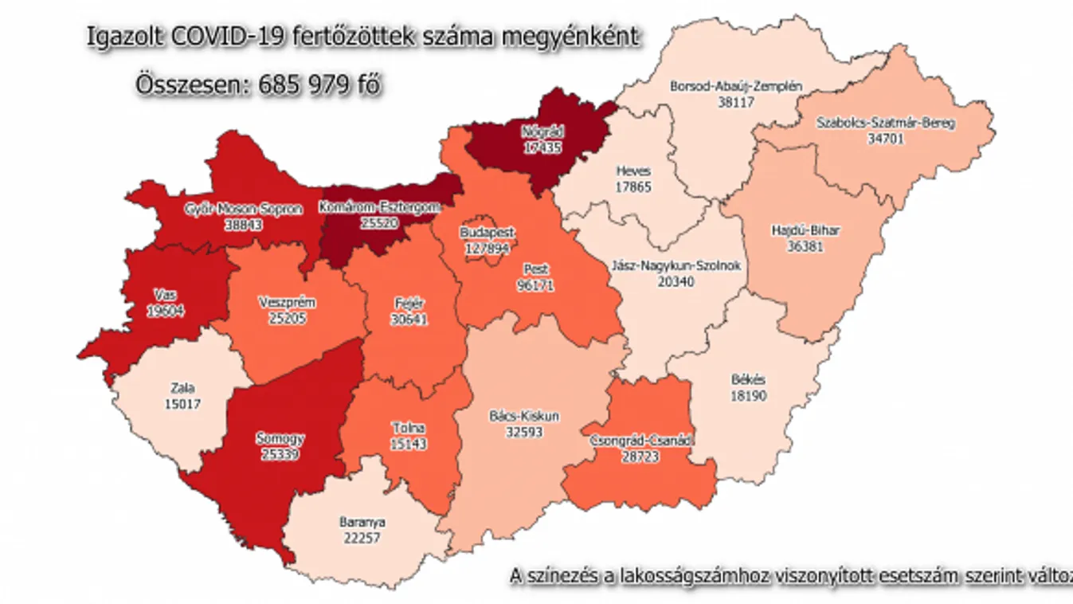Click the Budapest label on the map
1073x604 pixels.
point(488,233)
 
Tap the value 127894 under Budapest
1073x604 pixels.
point(488,247)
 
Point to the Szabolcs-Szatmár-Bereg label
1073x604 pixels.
point(886,124)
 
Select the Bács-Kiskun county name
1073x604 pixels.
point(523,416)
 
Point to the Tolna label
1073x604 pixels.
point(408,429)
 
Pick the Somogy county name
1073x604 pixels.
point(280,438)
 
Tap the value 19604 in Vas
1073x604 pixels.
point(166,311)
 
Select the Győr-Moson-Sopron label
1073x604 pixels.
point(244,210)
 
